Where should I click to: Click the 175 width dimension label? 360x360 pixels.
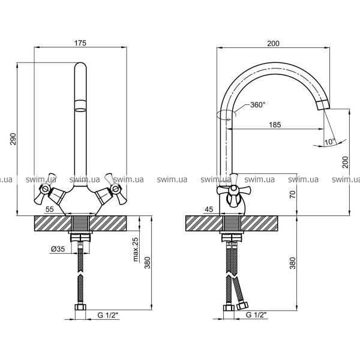[80, 43]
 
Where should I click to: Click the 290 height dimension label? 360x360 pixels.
[14, 139]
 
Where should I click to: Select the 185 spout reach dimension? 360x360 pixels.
[275, 125]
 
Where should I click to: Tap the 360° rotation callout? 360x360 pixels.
[258, 105]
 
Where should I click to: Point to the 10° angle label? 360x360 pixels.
[330, 142]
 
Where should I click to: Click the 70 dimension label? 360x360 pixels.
[293, 194]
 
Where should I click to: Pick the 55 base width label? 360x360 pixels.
[50, 209]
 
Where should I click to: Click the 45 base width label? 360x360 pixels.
[209, 209]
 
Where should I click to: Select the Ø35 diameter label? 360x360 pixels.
[58, 249]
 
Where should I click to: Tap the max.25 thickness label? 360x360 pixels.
[136, 250]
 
